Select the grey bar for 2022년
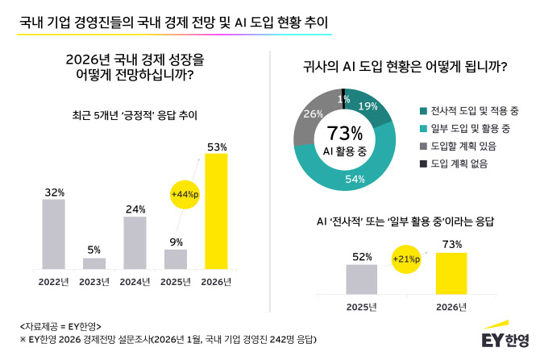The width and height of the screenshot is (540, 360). pos(53,234)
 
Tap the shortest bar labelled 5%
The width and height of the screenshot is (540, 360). pos(94,263)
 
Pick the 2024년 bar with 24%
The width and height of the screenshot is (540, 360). pos(135,242)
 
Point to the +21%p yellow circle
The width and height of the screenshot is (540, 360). pos(406,259)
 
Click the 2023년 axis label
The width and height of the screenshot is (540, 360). pos(94,282)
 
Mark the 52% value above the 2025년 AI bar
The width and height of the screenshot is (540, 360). pos(361,256)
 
